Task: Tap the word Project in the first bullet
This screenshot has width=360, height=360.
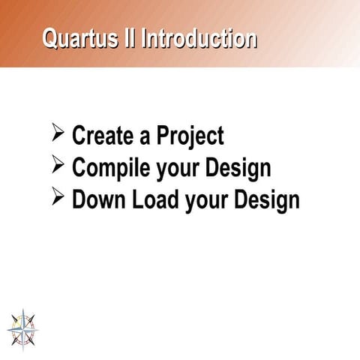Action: pyautogui.click(x=190, y=137)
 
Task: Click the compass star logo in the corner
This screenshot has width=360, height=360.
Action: pyautogui.click(x=22, y=327)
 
